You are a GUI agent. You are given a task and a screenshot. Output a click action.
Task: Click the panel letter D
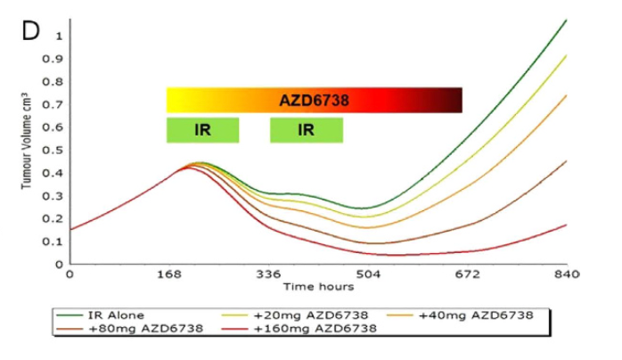[x=30, y=30]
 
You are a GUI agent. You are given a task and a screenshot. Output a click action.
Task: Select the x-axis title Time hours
[x=318, y=287]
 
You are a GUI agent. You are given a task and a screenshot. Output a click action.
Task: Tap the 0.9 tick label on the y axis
[x=59, y=59]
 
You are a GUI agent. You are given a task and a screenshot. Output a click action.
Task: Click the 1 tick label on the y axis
[x=59, y=36]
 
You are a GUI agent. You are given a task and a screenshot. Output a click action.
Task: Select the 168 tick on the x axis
[x=169, y=274]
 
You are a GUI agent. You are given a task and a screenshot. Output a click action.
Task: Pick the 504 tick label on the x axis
[x=368, y=274]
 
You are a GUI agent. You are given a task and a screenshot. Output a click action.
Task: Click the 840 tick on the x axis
[x=567, y=274]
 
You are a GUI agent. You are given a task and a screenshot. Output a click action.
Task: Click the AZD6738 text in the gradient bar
[x=314, y=102]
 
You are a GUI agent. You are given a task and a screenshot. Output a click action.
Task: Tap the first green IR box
[x=202, y=130]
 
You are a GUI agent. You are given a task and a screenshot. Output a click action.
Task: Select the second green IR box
[x=306, y=130]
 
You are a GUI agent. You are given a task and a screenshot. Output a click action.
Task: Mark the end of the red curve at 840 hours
[x=567, y=225]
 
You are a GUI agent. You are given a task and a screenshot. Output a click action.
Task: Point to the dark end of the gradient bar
[x=456, y=101]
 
